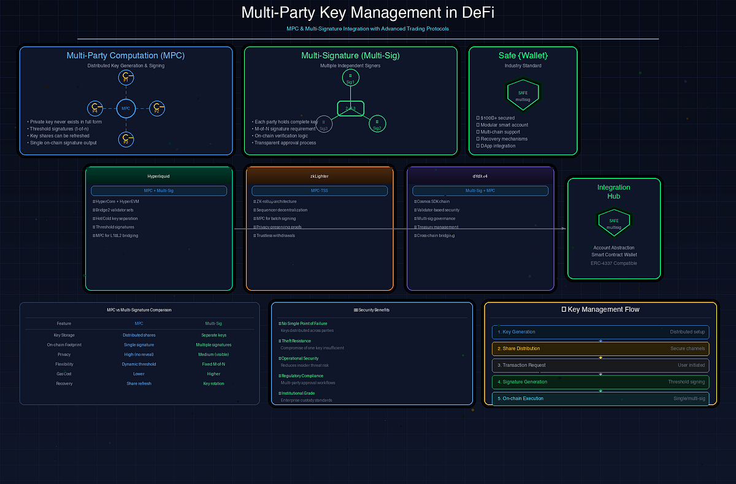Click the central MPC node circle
click(126, 109)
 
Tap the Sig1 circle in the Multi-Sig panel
click(350, 78)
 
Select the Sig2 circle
click(377, 125)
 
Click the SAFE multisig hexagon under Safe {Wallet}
click(523, 95)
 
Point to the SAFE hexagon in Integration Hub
click(614, 224)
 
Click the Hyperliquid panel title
click(159, 176)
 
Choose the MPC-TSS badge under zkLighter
click(320, 191)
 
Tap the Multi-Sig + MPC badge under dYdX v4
click(480, 191)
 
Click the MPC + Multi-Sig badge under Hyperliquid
click(159, 191)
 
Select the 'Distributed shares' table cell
click(139, 335)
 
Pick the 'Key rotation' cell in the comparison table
click(214, 383)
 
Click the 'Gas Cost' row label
click(64, 374)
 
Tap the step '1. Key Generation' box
click(600, 332)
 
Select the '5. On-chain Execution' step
click(600, 399)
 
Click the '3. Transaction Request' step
click(600, 365)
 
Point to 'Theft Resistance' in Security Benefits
click(296, 341)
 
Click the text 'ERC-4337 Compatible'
click(614, 263)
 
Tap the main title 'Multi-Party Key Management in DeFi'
click(367, 12)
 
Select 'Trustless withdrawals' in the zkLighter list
click(278, 236)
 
